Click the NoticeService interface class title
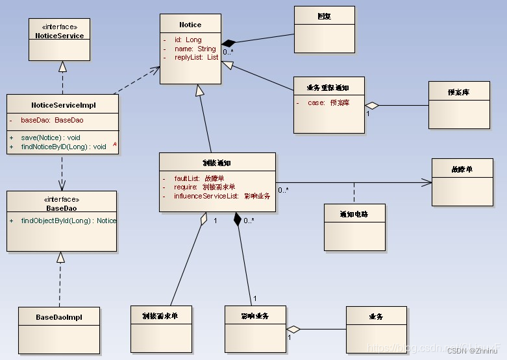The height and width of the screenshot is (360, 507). tap(59, 36)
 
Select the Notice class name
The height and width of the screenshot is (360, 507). tap(190, 25)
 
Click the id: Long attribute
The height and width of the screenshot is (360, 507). tap(188, 40)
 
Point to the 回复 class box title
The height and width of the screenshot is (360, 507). tap(324, 16)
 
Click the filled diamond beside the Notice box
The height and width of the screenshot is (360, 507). tap(228, 42)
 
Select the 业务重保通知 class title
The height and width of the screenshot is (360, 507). tap(328, 88)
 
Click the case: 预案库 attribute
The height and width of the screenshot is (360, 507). tap(328, 102)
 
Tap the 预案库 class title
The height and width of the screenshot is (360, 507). tap(458, 92)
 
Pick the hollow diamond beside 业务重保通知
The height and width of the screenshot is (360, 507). tap(371, 105)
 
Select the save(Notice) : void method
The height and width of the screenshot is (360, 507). tap(51, 138)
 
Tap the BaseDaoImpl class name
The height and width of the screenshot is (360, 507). tap(59, 317)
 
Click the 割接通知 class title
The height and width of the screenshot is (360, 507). tap(217, 163)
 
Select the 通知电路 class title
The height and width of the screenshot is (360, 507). tap(354, 214)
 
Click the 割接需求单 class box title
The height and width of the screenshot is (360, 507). tap(160, 316)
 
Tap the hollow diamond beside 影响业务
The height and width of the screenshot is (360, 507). tap(293, 329)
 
